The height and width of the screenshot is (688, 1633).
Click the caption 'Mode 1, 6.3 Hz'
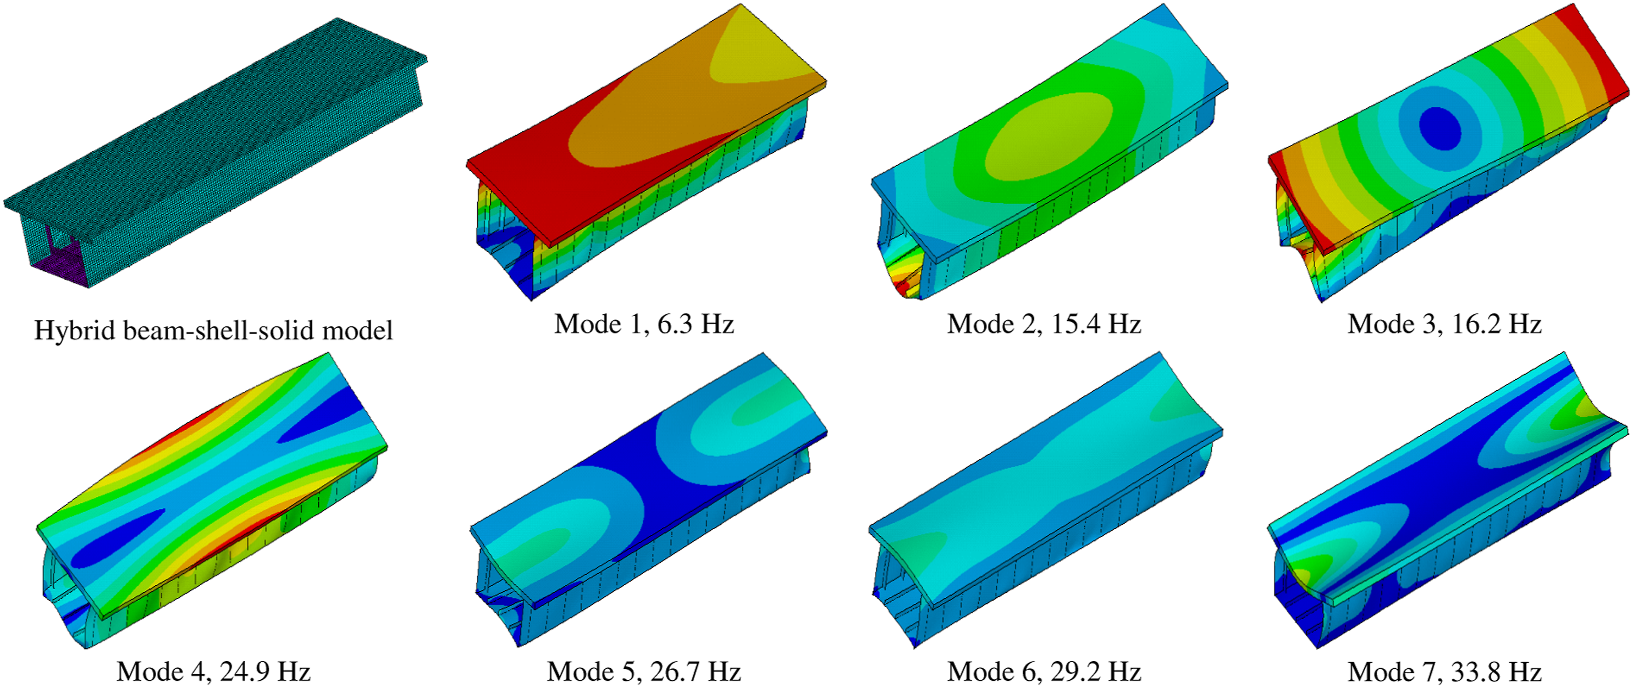click(x=644, y=324)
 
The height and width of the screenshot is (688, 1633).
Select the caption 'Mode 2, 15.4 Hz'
click(x=1044, y=324)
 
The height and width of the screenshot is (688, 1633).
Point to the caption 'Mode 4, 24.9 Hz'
click(x=214, y=672)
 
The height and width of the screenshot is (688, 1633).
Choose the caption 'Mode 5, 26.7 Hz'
click(x=644, y=672)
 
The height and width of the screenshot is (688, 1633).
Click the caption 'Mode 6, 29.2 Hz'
click(x=1044, y=672)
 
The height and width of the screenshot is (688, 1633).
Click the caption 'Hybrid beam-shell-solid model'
click(x=214, y=330)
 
